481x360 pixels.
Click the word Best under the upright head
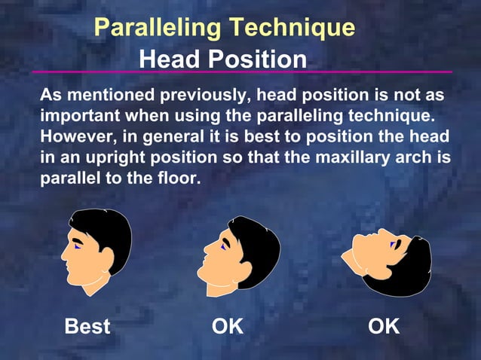click(87, 327)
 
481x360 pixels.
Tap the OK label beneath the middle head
click(227, 327)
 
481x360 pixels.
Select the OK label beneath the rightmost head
click(384, 327)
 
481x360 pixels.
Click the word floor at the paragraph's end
click(182, 181)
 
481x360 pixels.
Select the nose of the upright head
click(64, 255)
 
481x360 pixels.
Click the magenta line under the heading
click(241, 72)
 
